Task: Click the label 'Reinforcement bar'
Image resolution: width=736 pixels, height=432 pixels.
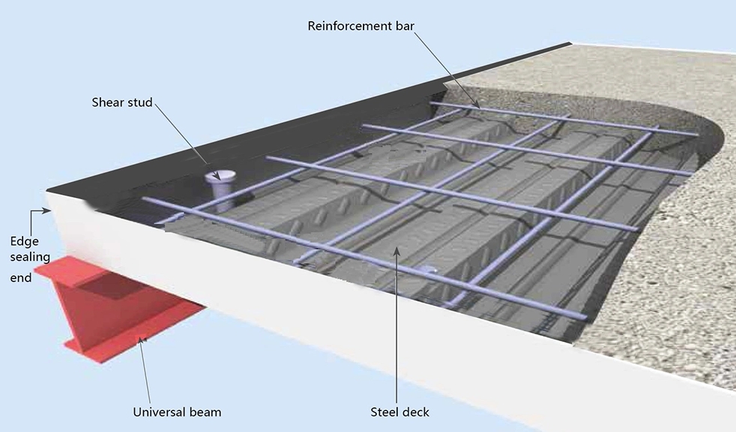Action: pyautogui.click(x=361, y=26)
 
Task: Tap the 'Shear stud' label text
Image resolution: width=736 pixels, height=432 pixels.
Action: pyautogui.click(x=121, y=102)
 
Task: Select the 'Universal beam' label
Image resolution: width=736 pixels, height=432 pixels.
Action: pyautogui.click(x=177, y=412)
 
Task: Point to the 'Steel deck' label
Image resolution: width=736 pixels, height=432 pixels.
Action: pyautogui.click(x=400, y=412)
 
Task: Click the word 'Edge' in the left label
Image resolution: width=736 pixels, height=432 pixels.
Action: pyautogui.click(x=23, y=241)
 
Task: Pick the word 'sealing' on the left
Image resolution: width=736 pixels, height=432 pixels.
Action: pyautogui.click(x=30, y=257)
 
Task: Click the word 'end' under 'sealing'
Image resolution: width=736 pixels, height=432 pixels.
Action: pyautogui.click(x=21, y=277)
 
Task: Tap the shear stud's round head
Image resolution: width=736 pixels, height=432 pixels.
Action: pyautogui.click(x=220, y=177)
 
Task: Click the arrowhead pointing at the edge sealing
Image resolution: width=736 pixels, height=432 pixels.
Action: pyautogui.click(x=47, y=211)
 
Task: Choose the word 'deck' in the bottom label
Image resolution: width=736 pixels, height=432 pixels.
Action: pyautogui.click(x=416, y=412)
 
